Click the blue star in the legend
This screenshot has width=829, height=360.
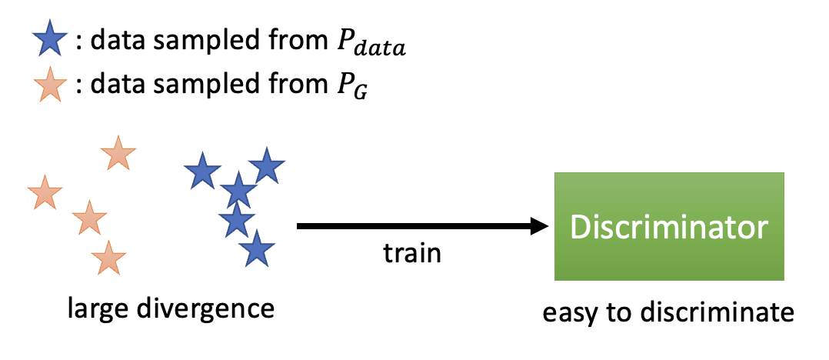tap(49, 40)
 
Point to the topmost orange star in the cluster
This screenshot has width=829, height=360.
tap(118, 154)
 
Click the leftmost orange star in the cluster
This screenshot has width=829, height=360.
tap(44, 193)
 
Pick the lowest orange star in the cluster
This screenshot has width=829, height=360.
tap(108, 258)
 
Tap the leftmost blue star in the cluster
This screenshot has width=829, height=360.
tap(202, 172)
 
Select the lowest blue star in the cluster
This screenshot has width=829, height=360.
tap(256, 250)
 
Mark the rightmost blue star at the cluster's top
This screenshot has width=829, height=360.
tap(266, 165)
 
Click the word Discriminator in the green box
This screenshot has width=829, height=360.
tap(668, 227)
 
